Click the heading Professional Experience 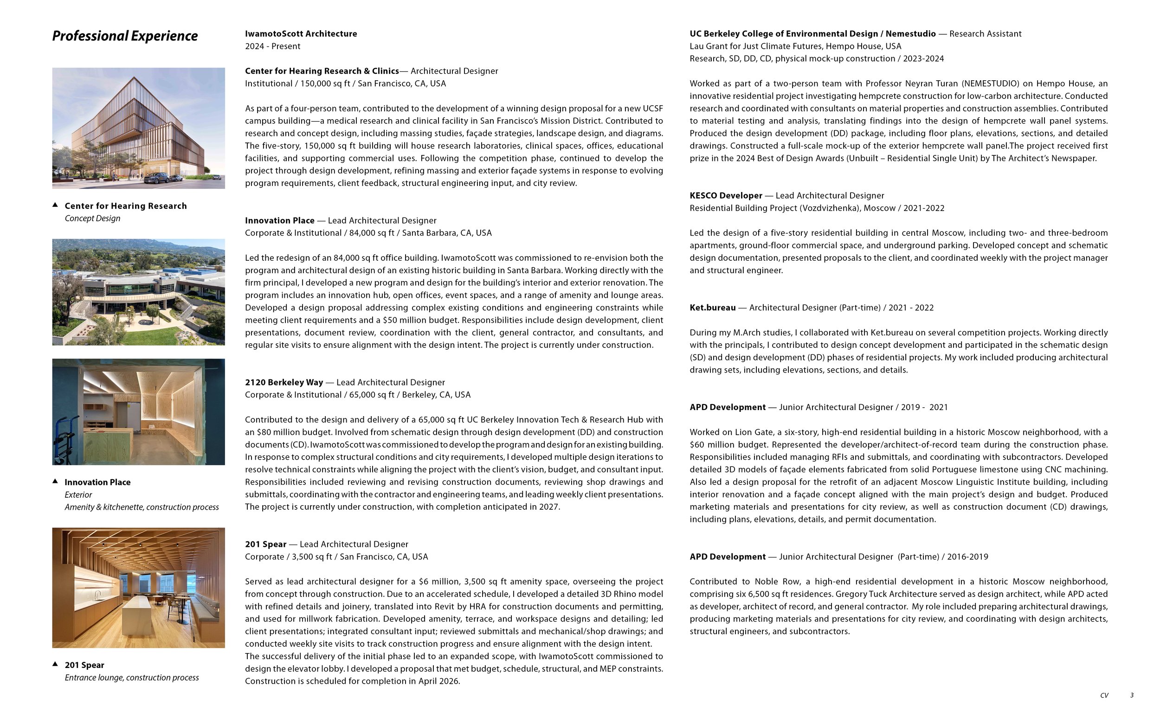(125, 36)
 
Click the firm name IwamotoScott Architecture (301, 33)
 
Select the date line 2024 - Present (272, 46)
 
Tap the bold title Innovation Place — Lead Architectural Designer (341, 220)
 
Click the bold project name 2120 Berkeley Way (284, 382)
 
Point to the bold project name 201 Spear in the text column (265, 544)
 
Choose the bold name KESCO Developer (726, 195)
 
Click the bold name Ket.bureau (712, 308)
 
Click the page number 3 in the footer (1132, 695)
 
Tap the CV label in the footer (1104, 695)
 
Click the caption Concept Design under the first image (92, 218)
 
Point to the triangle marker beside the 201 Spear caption (55, 664)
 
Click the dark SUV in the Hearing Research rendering (156, 178)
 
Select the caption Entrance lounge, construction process (131, 677)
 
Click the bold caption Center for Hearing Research (126, 205)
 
